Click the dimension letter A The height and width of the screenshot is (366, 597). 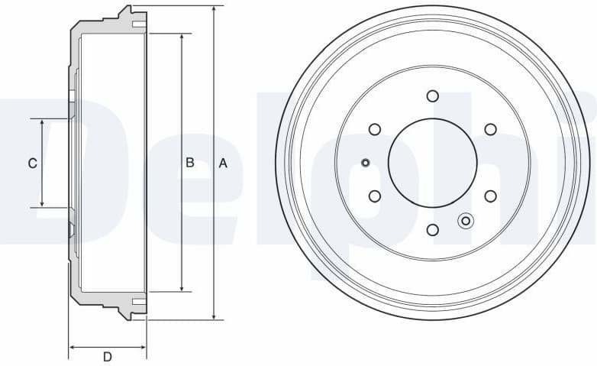point(223,163)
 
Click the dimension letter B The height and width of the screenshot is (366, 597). point(190,163)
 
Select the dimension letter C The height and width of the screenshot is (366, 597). point(32,163)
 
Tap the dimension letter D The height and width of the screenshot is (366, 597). point(108,357)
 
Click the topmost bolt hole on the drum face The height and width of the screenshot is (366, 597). point(433,96)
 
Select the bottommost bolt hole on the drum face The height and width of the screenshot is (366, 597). point(433,229)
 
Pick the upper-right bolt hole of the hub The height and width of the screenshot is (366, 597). point(490,129)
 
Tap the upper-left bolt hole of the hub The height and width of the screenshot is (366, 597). point(375,129)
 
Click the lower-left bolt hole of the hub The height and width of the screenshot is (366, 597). point(375,196)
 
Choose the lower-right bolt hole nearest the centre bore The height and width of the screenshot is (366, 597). point(490,196)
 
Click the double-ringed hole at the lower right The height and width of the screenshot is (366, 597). point(466,221)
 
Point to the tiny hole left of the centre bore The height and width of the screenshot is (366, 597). point(365,162)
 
